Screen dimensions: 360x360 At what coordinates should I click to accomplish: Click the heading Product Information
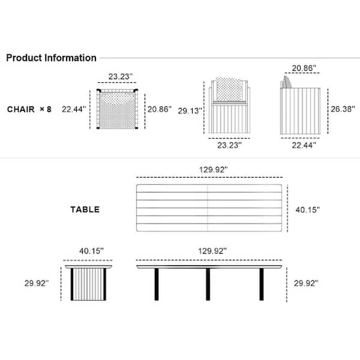coord(51,58)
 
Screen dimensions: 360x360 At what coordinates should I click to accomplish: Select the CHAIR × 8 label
coord(29,109)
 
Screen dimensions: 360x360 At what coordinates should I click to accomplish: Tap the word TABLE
coord(85,209)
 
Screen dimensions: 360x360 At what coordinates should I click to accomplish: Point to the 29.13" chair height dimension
coord(190,111)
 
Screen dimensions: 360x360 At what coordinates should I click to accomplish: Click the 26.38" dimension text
coord(343,109)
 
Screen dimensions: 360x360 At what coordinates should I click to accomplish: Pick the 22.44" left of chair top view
coord(74,109)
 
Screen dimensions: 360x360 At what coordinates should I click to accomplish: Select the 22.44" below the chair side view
coord(304,145)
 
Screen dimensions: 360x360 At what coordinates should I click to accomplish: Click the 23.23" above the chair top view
coord(121,76)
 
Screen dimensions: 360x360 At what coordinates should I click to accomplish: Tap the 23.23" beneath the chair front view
coord(229,145)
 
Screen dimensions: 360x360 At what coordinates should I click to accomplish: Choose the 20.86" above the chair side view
coord(304,68)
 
